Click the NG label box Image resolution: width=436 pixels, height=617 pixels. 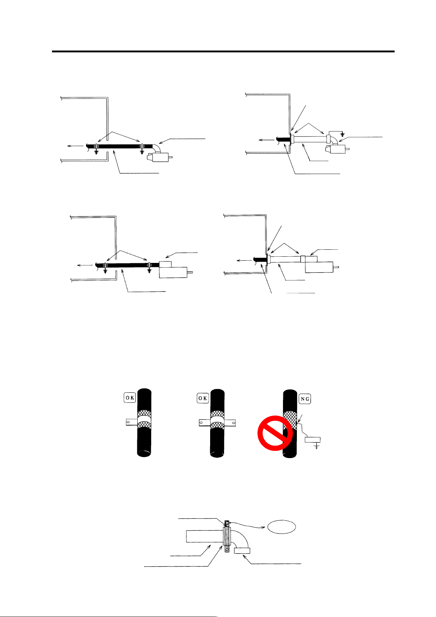(305, 398)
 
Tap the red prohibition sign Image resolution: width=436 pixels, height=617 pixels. (275, 433)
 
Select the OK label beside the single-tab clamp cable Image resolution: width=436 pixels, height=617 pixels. (130, 398)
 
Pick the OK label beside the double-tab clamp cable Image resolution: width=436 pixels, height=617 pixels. (203, 398)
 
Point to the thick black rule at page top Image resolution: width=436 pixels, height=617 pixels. (223, 51)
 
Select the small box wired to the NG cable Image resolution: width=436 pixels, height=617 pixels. (313, 440)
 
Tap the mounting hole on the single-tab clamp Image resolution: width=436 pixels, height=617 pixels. (127, 422)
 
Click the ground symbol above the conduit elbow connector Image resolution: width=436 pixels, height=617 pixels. (342, 134)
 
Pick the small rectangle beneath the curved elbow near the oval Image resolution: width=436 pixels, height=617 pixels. (242, 551)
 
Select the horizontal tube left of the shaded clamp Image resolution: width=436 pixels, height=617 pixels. (204, 536)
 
